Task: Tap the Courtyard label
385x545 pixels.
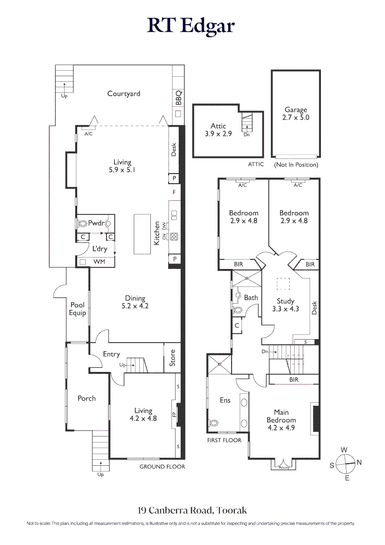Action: pos(124,93)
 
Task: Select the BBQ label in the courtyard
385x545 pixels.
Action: pos(179,98)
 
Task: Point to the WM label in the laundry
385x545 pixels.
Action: pos(99,261)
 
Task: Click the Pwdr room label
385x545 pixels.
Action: pos(96,223)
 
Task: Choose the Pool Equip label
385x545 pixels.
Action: pos(77,309)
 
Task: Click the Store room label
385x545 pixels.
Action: pos(173,358)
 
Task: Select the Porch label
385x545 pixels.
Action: pos(86,398)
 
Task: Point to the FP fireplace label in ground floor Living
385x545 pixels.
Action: pos(175,414)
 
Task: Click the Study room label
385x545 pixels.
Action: pos(285,301)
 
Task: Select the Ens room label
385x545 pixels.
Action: pos(225,400)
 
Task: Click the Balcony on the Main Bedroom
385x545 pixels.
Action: pos(284,465)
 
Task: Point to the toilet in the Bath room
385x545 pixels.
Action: pos(238,309)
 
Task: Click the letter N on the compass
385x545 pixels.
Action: pos(359,462)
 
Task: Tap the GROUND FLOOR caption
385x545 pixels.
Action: pos(162,467)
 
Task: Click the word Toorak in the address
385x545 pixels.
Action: pos(232,510)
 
